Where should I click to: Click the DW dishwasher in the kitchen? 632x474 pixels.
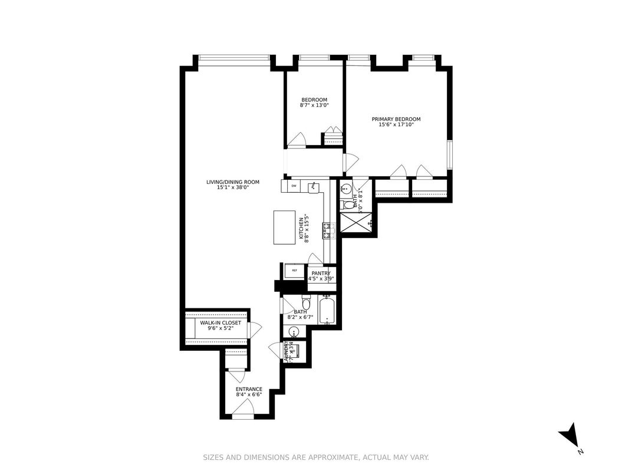(x=293, y=186)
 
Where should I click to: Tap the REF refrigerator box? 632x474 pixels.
(x=294, y=271)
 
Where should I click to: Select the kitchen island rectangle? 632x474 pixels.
(x=285, y=228)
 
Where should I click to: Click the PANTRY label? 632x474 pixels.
(x=321, y=273)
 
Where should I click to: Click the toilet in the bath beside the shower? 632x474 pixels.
(x=347, y=205)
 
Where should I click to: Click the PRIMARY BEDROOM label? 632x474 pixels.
(x=396, y=119)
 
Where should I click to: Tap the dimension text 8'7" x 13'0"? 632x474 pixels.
(x=314, y=106)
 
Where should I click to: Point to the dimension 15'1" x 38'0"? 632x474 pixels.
(x=232, y=187)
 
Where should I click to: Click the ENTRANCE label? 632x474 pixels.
(x=249, y=389)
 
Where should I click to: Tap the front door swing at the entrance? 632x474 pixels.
(x=243, y=406)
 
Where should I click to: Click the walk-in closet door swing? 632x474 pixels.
(x=255, y=330)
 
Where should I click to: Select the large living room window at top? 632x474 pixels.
(x=234, y=57)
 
